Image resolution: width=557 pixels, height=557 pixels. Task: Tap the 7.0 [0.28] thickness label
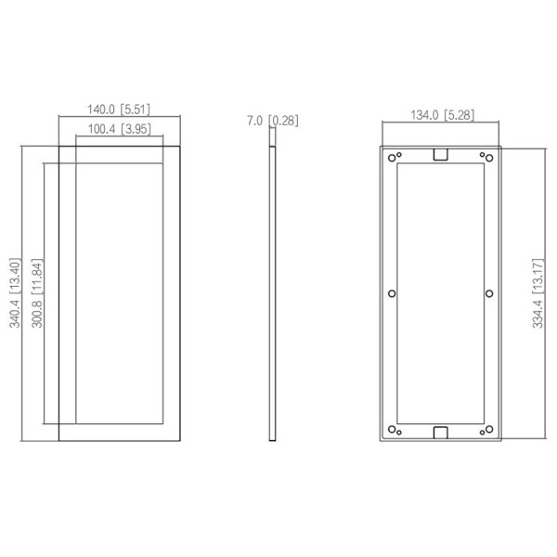pyautogui.click(x=273, y=120)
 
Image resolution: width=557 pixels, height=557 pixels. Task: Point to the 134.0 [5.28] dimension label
pyautogui.click(x=441, y=115)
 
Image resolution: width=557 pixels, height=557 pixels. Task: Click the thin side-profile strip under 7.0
pyautogui.click(x=273, y=292)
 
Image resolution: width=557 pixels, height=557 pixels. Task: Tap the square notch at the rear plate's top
pyautogui.click(x=441, y=154)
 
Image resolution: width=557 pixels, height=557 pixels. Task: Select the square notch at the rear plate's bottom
pyautogui.click(x=441, y=431)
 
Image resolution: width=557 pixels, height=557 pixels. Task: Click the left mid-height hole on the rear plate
pyautogui.click(x=392, y=293)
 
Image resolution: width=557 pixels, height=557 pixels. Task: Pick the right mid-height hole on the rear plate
pyautogui.click(x=490, y=293)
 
